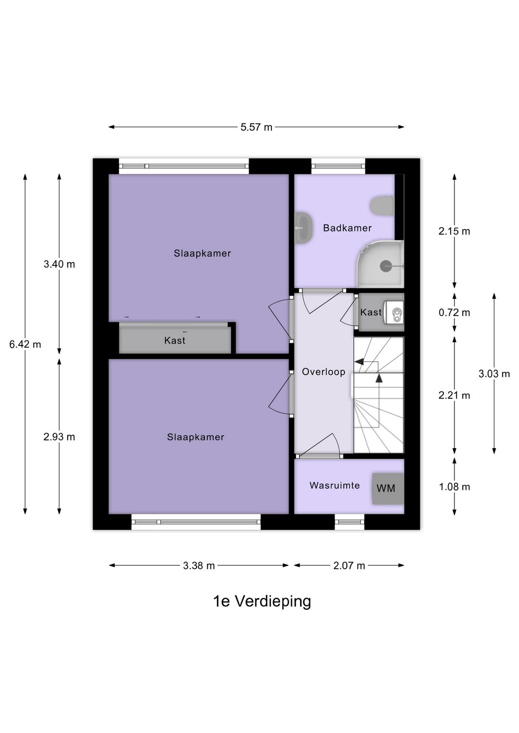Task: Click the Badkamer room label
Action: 347,228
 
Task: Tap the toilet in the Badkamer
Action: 383,205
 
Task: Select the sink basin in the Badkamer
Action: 303,227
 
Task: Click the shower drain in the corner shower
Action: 386,266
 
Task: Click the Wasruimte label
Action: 334,486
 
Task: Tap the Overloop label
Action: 323,372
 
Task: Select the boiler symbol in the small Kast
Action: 396,315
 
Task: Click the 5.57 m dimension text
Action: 256,127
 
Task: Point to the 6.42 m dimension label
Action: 25,344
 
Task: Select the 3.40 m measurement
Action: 59,264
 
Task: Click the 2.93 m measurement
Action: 59,437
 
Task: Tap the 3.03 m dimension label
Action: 494,374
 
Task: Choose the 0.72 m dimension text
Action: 454,313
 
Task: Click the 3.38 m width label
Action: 198,566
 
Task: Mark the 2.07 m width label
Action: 349,566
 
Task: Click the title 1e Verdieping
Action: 262,601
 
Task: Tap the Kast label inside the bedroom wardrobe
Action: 174,341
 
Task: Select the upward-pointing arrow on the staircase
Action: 379,378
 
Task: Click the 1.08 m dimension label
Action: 454,487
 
